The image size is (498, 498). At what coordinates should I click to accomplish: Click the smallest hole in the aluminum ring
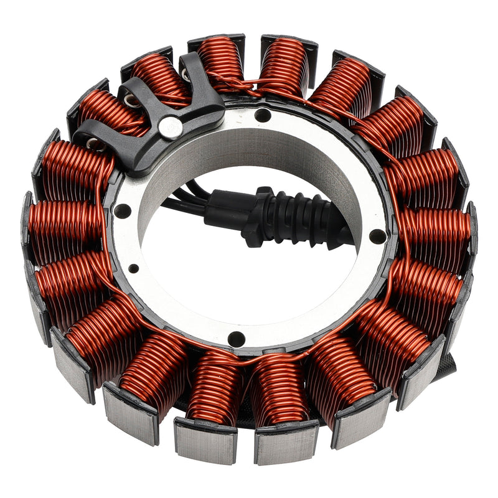134,268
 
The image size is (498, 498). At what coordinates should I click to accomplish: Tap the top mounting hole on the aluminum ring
263,115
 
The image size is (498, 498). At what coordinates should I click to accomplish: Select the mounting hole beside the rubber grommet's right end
377,237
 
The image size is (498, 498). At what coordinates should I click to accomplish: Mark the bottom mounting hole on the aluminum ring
236,339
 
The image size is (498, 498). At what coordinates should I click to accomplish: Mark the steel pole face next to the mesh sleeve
421,379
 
